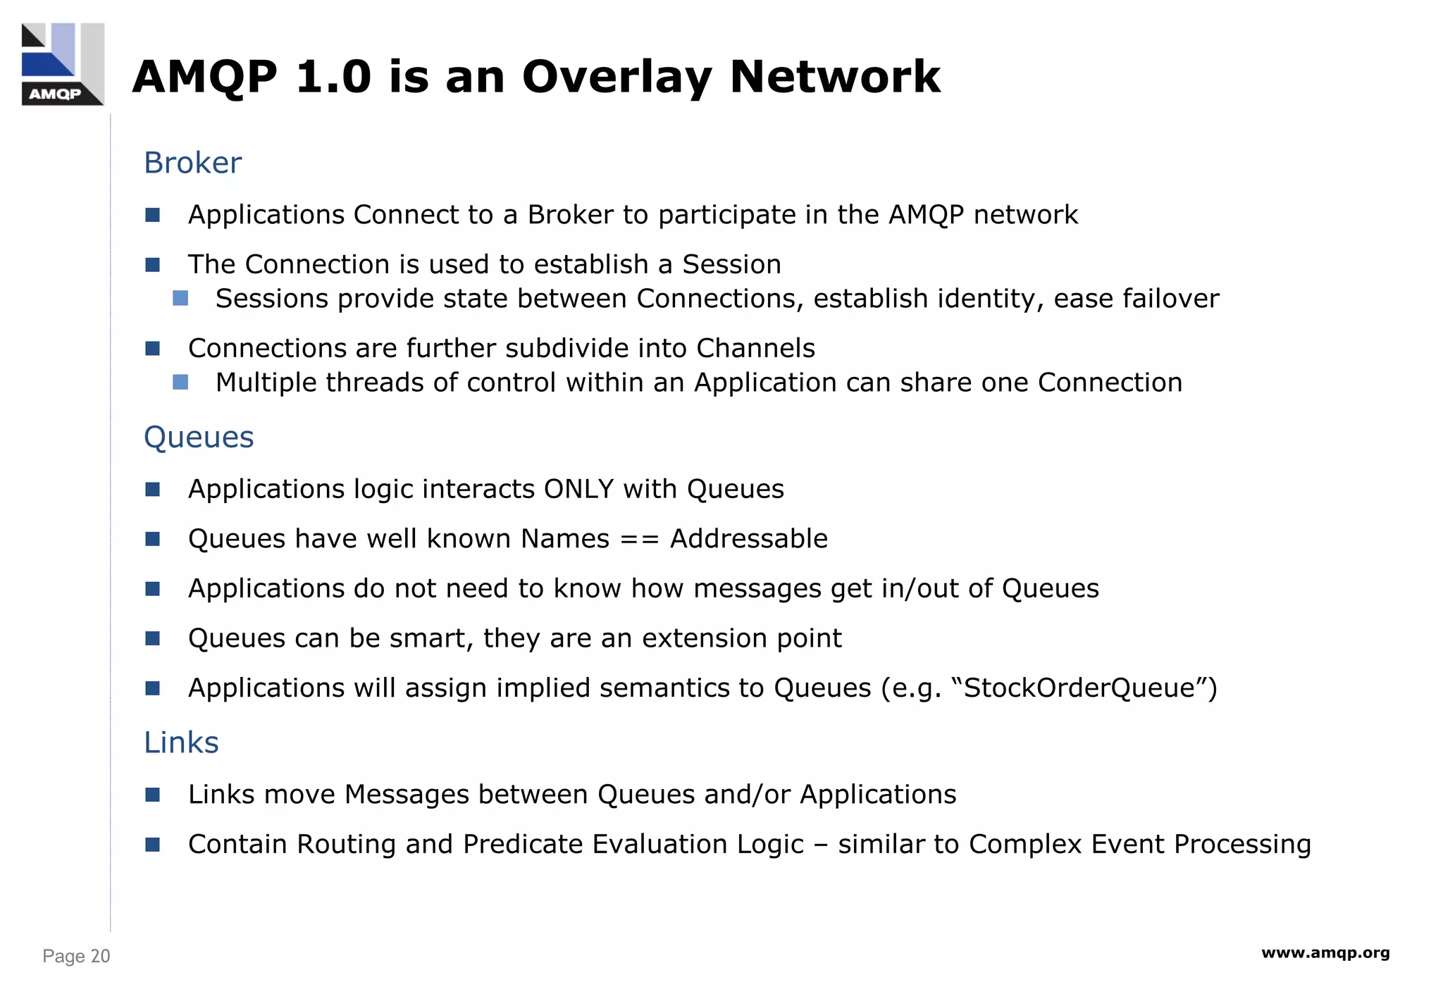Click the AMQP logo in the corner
tap(63, 64)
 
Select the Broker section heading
tap(192, 163)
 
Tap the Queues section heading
tap(198, 437)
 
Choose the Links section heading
tap(181, 743)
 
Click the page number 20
tap(100, 956)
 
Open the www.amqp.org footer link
tap(1325, 953)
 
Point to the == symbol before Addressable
tap(639, 539)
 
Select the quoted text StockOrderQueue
tap(1079, 688)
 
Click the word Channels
tap(755, 348)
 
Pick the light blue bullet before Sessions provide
tap(180, 299)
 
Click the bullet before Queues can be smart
tap(153, 638)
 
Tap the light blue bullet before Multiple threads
tap(180, 383)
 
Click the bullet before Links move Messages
tap(153, 795)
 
